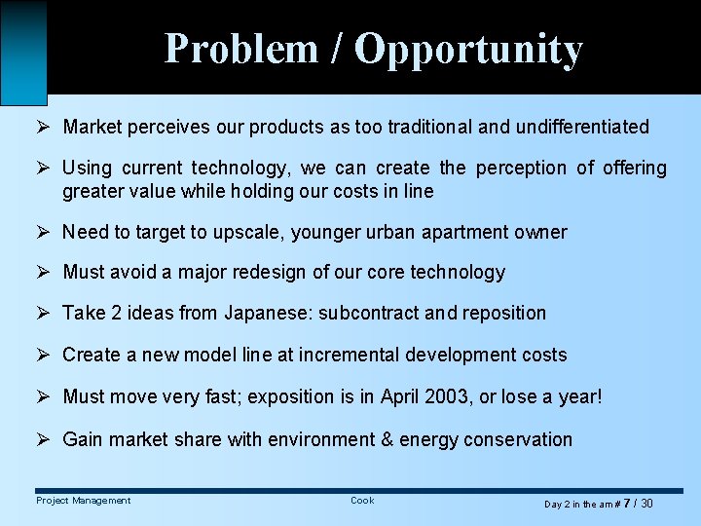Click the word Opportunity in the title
click(468, 50)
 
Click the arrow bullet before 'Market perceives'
click(42, 127)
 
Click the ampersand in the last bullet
click(387, 439)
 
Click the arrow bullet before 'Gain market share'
click(42, 439)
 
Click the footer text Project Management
click(84, 501)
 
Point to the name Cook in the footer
click(362, 501)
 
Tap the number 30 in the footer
click(646, 504)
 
